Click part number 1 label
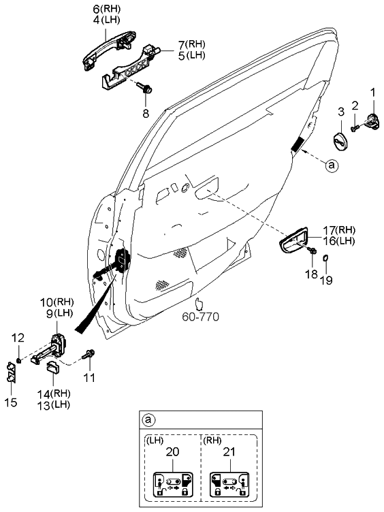(x=372, y=91)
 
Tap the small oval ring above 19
(x=327, y=257)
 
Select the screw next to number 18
(x=312, y=253)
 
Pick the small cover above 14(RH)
(x=52, y=368)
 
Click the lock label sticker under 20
(x=171, y=484)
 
